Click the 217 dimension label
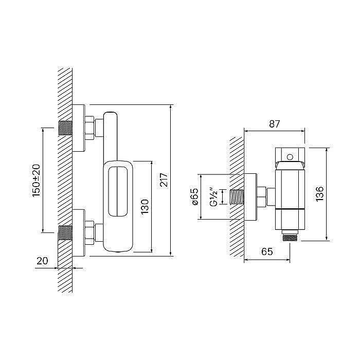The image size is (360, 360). (164, 179)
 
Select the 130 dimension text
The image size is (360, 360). (145, 207)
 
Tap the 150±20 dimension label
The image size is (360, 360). (36, 181)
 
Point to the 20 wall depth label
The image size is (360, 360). (42, 261)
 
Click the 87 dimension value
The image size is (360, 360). (274, 124)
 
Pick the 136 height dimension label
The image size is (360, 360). (319, 194)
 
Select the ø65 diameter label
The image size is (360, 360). (194, 196)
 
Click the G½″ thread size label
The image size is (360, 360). (214, 197)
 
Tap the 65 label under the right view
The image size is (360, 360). (267, 251)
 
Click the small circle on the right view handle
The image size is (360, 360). (290, 157)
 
